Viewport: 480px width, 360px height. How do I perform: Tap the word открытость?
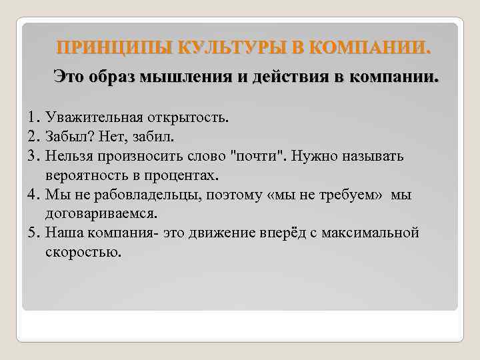tap(181, 118)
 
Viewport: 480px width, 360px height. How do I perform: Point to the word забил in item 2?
tap(154, 137)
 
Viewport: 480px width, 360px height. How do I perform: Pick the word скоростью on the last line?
tap(84, 253)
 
